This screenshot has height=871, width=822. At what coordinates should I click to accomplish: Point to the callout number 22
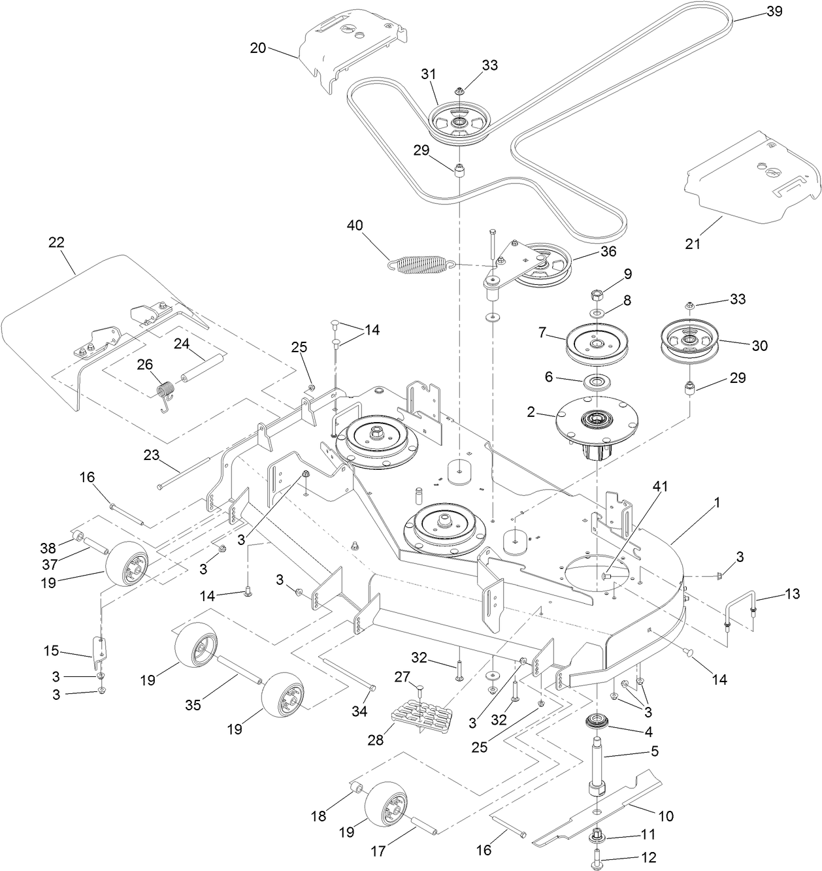point(57,242)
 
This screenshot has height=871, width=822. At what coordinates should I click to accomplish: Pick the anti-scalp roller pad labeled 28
point(422,717)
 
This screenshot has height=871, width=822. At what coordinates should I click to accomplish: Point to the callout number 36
point(607,252)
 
